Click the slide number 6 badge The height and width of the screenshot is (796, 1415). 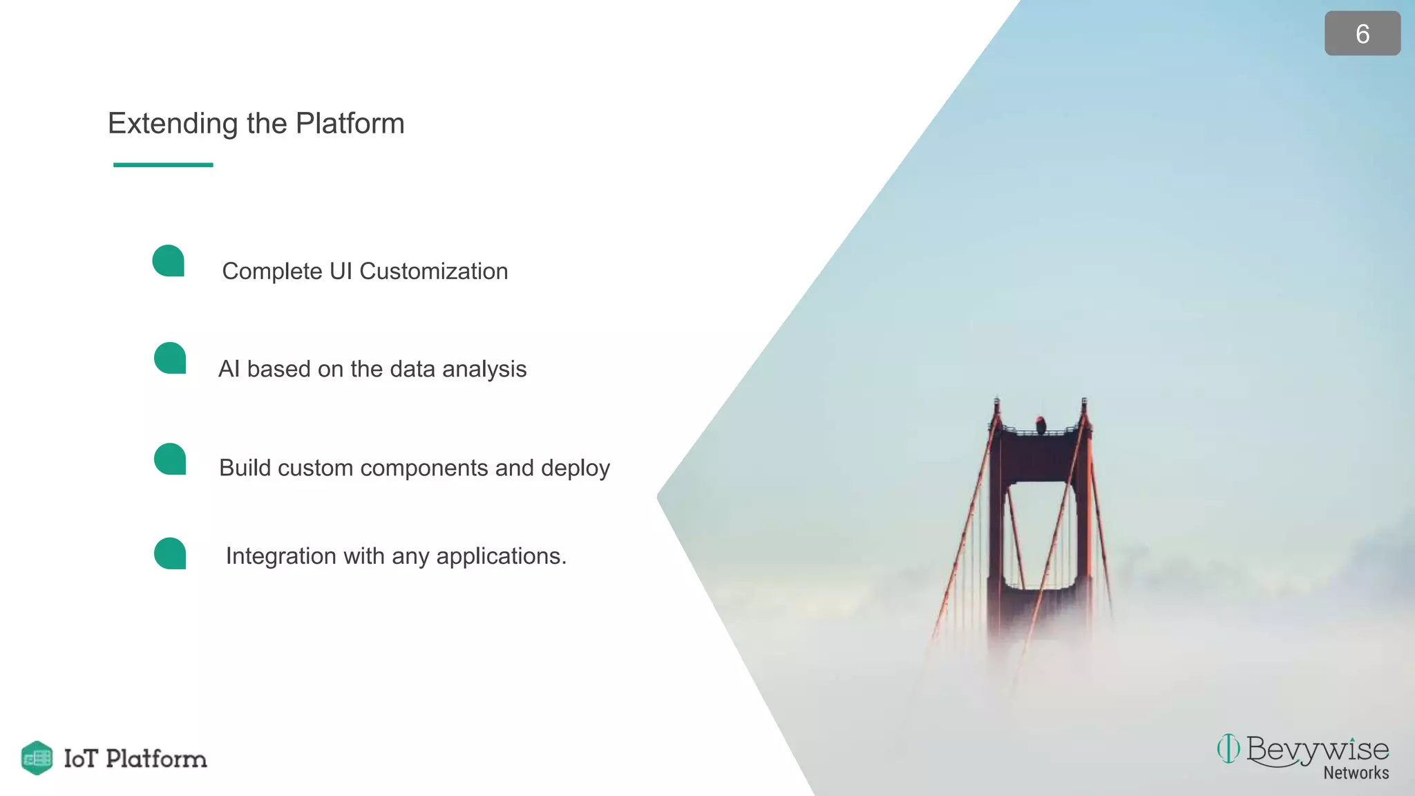pyautogui.click(x=1362, y=33)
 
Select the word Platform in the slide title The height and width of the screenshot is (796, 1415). pyautogui.click(x=350, y=124)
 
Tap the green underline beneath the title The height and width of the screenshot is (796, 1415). pyautogui.click(x=163, y=164)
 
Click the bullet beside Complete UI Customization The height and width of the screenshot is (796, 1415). pyautogui.click(x=169, y=260)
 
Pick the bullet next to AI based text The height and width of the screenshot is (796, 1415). pyautogui.click(x=170, y=358)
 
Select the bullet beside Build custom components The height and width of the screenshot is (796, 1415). pyautogui.click(x=170, y=459)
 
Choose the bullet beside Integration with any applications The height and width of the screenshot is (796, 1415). pyautogui.click(x=170, y=553)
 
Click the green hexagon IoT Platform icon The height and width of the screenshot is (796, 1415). pyautogui.click(x=37, y=758)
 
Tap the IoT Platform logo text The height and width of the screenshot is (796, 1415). pyautogui.click(x=135, y=759)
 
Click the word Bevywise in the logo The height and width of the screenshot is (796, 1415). pyautogui.click(x=1317, y=750)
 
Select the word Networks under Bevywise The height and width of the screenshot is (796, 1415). pyautogui.click(x=1356, y=773)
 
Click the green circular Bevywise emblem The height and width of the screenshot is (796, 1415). pyautogui.click(x=1228, y=748)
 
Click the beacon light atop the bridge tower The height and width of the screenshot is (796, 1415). pyautogui.click(x=1040, y=423)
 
